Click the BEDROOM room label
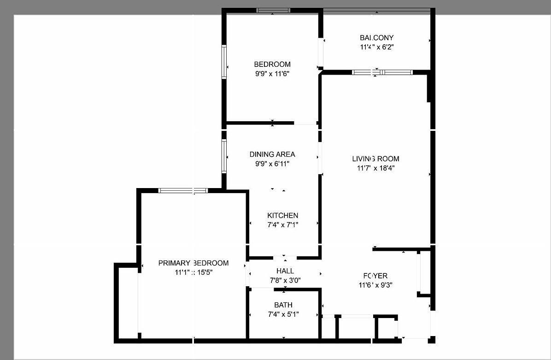tap(272, 65)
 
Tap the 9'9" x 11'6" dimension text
tap(272, 73)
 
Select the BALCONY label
tap(376, 38)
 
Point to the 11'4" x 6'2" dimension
tap(376, 47)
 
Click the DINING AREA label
tap(272, 154)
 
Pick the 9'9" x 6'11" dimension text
tap(272, 163)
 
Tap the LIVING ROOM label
tap(375, 159)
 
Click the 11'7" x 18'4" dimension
tap(375, 168)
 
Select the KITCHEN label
tap(283, 216)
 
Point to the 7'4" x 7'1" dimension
tap(283, 224)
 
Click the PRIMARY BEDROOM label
tap(193, 263)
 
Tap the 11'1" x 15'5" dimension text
tap(193, 272)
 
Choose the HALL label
tap(285, 271)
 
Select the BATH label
tap(283, 305)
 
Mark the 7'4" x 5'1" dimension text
tap(283, 314)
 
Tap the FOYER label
tap(375, 276)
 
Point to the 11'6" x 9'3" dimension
tap(375, 285)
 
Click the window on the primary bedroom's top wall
tap(183, 190)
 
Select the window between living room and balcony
tap(382, 72)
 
